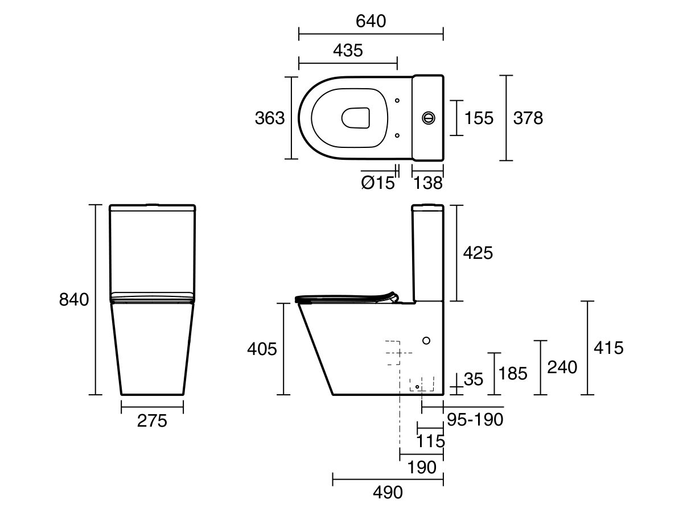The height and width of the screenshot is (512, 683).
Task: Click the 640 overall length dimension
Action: coord(371,21)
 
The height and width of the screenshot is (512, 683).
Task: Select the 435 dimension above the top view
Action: coord(348,50)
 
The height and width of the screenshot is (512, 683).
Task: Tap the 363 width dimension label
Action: coord(269,118)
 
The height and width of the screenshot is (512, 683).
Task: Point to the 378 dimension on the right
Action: coord(528,118)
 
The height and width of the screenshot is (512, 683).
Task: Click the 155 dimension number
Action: coord(479,118)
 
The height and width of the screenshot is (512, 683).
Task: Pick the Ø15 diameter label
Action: coord(377,183)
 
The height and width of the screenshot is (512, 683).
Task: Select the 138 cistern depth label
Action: coord(427,183)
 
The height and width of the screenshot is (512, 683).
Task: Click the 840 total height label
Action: coord(75,299)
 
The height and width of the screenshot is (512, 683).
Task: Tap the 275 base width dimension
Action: coord(152,421)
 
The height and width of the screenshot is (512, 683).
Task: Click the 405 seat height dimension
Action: coord(261,349)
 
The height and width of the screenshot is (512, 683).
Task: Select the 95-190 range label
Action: coord(475,420)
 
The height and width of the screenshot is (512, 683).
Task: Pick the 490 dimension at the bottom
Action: coord(388,493)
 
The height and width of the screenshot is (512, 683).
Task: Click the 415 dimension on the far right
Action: coord(608,347)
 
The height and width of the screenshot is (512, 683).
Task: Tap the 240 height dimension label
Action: coord(562,368)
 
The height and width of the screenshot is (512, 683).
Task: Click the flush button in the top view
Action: coord(428,118)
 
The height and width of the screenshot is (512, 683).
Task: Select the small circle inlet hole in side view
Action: coord(426,340)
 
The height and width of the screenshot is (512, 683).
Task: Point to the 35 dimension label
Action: coord(473,379)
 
